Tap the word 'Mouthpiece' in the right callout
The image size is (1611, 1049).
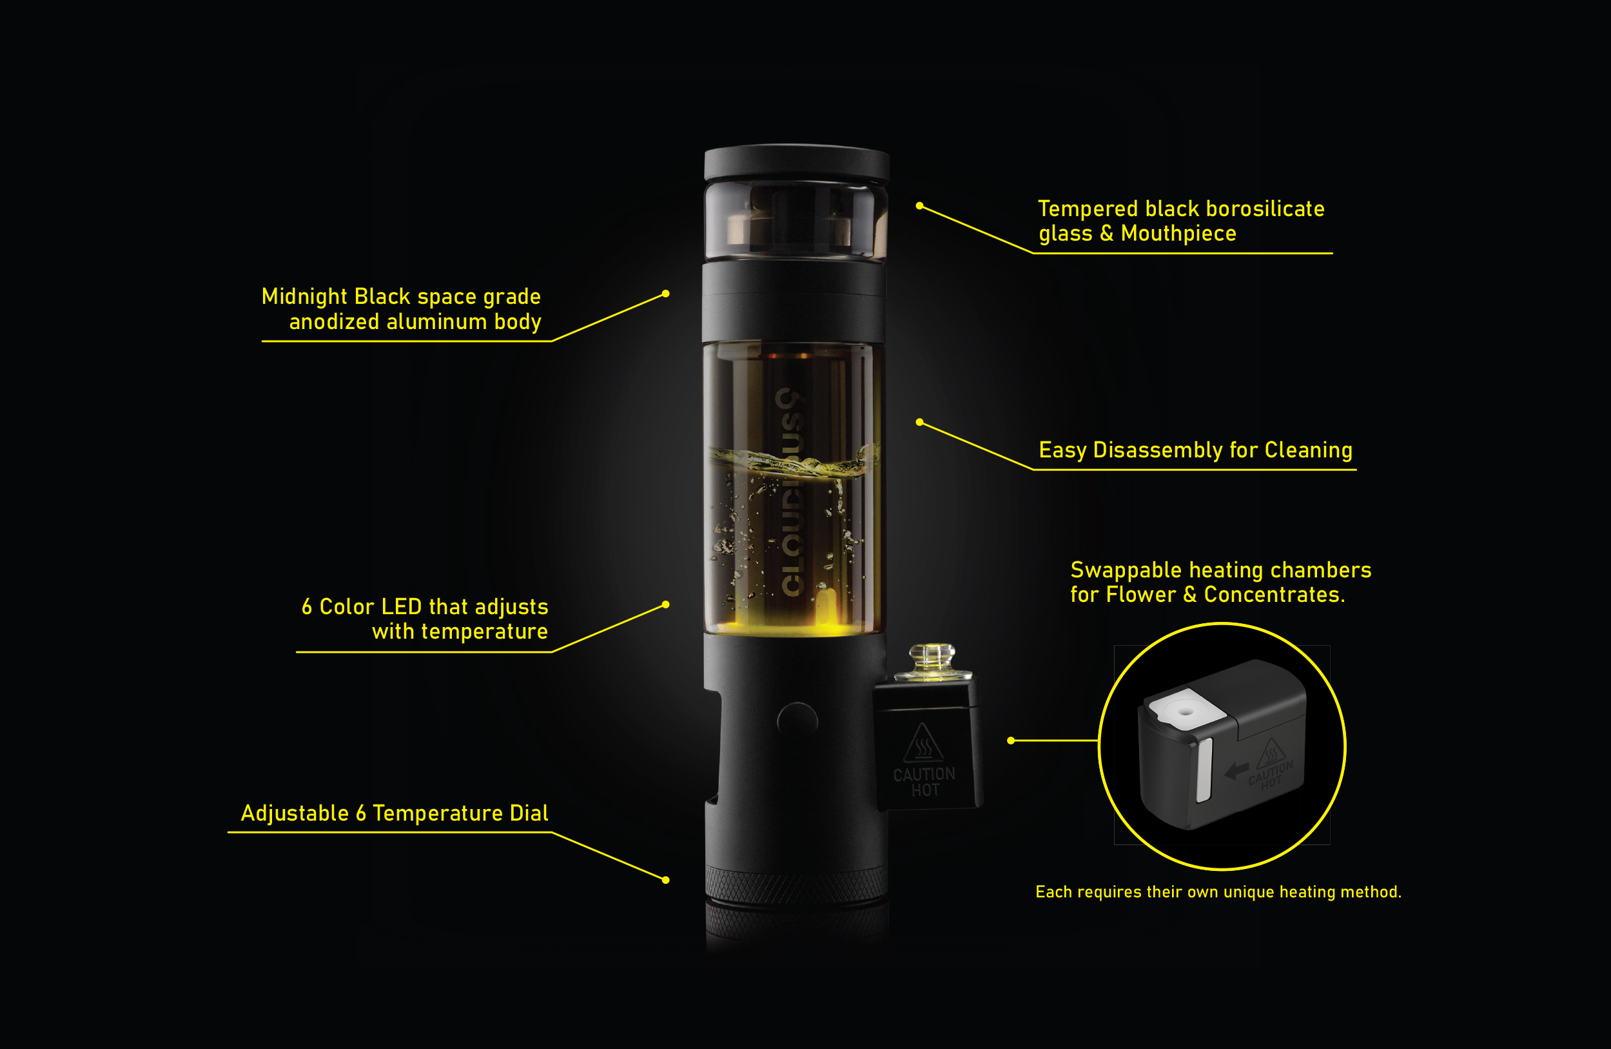tap(1178, 234)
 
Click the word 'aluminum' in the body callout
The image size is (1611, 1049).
tap(436, 322)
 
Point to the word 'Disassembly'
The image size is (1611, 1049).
tap(1158, 450)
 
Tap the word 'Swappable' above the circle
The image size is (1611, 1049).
tap(1126, 571)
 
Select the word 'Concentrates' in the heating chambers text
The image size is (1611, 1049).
tap(1273, 595)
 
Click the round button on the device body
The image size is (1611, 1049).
tap(797, 720)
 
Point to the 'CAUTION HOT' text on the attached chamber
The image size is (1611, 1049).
tap(924, 782)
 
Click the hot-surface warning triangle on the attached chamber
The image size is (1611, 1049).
tap(923, 744)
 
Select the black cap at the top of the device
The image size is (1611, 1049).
tap(797, 162)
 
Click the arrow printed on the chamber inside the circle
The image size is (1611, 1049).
tap(1237, 771)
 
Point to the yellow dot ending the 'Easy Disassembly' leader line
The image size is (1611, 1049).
tap(919, 422)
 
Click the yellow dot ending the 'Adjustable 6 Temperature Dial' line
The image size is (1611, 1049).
tap(666, 881)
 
